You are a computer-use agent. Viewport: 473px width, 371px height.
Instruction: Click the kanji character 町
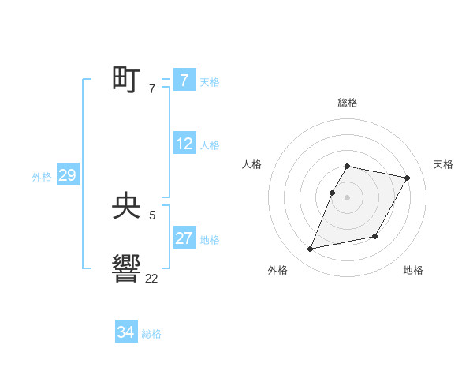pyautogui.click(x=126, y=80)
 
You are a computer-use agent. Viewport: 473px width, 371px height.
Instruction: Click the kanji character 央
pyautogui.click(x=126, y=208)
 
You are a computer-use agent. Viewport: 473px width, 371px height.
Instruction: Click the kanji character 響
pyautogui.click(x=126, y=268)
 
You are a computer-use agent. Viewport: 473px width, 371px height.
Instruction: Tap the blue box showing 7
pyautogui.click(x=184, y=80)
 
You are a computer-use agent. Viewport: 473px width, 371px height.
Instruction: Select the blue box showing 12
pyautogui.click(x=184, y=144)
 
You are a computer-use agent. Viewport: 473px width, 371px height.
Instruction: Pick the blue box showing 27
pyautogui.click(x=184, y=238)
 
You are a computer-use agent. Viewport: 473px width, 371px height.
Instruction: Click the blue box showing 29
pyautogui.click(x=67, y=175)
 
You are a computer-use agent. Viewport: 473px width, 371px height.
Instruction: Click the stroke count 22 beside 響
pyautogui.click(x=151, y=278)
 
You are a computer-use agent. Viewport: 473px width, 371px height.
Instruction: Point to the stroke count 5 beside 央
pyautogui.click(x=152, y=215)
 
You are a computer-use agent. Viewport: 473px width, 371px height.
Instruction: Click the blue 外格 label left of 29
pyautogui.click(x=42, y=177)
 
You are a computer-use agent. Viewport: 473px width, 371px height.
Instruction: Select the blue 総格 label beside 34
pyautogui.click(x=151, y=334)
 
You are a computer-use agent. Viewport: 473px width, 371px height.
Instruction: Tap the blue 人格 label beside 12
pyautogui.click(x=210, y=145)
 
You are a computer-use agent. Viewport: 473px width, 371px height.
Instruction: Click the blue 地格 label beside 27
pyautogui.click(x=210, y=240)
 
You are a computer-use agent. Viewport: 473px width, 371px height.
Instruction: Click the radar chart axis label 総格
pyautogui.click(x=348, y=103)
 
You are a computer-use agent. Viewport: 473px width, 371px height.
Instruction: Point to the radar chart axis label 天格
pyautogui.click(x=443, y=164)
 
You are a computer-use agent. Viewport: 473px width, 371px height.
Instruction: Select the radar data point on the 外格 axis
pyautogui.click(x=311, y=249)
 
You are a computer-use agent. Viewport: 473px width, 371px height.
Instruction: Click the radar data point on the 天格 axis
pyautogui.click(x=408, y=178)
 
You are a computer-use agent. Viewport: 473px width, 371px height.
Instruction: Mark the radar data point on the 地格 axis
pyautogui.click(x=375, y=237)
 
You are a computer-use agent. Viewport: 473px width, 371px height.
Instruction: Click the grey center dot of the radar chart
pyautogui.click(x=348, y=197)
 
